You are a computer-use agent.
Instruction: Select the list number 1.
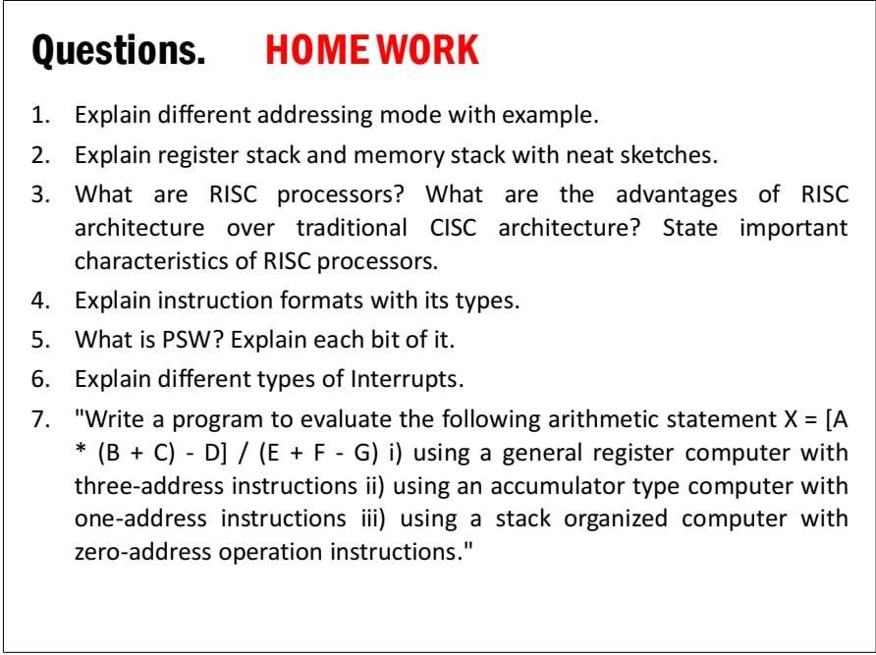(x=39, y=115)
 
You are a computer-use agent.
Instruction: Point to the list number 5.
(x=39, y=340)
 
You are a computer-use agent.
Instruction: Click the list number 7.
(x=39, y=419)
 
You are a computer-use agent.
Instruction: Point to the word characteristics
(x=165, y=262)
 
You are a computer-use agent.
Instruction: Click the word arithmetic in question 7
(x=572, y=419)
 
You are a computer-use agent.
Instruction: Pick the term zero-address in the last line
(x=142, y=551)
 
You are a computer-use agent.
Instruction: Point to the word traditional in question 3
(x=352, y=228)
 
